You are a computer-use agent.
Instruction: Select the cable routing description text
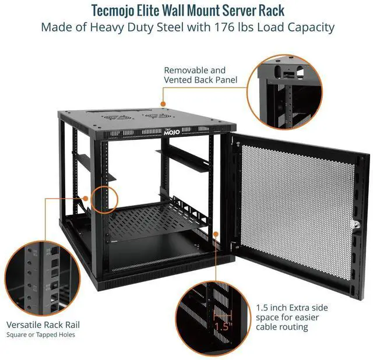[292, 317]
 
